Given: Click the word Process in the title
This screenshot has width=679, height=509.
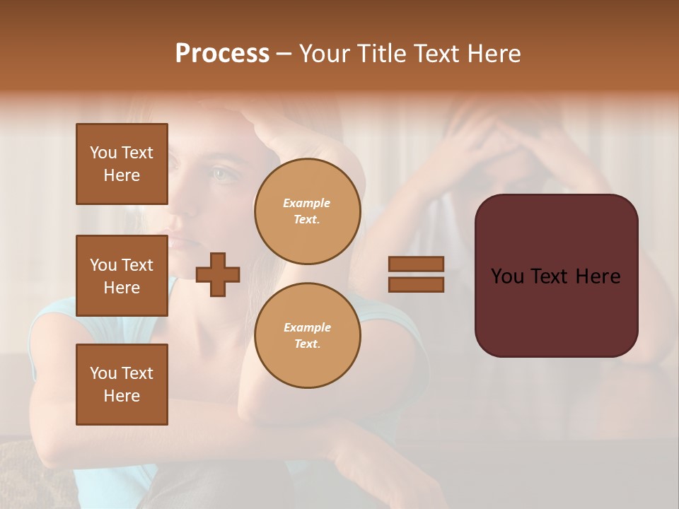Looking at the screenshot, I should pos(222,54).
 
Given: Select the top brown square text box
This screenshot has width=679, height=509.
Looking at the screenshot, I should pos(122,164).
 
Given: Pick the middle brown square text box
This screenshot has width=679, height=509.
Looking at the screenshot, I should pos(122,276).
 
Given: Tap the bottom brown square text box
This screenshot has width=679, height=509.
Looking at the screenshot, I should pos(122,385).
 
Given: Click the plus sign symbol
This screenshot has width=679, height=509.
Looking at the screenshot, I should pos(218,274).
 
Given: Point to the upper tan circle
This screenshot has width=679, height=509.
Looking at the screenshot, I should pos(307,211).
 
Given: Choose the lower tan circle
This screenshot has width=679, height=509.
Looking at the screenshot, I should pos(307,336).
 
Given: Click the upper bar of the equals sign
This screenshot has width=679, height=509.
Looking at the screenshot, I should pos(416,264).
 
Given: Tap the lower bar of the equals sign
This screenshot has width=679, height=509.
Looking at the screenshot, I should pos(416,285).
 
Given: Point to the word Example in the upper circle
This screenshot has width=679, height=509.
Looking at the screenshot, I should pos(307,203).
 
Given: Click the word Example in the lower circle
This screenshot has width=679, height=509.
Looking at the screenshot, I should pos(307,327).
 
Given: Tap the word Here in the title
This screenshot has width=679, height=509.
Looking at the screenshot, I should pos(493,54).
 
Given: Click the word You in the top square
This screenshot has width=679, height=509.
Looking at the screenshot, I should pos(103,153).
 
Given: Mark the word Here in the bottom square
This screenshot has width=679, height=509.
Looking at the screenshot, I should pos(122,396).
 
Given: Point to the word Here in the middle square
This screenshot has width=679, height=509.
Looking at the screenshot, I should pos(122,288).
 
